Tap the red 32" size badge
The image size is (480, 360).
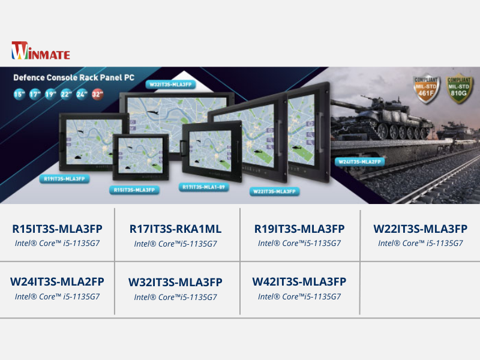coord(98,94)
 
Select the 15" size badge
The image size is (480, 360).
coord(19,94)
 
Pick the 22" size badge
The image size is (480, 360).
coord(67,94)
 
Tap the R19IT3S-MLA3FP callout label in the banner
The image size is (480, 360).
coord(65,179)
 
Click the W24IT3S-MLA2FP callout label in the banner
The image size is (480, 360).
coord(359,161)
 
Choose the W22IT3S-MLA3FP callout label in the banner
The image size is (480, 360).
coord(274,191)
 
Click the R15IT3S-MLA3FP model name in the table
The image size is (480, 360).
coord(58,229)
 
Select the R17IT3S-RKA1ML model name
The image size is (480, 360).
coord(175,229)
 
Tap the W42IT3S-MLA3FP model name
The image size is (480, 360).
coord(299,281)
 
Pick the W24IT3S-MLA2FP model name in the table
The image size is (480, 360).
coord(58,281)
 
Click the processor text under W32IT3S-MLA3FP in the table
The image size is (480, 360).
coord(175,297)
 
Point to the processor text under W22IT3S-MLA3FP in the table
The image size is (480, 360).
coord(420,244)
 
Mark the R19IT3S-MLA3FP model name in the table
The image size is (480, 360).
coord(299,229)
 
